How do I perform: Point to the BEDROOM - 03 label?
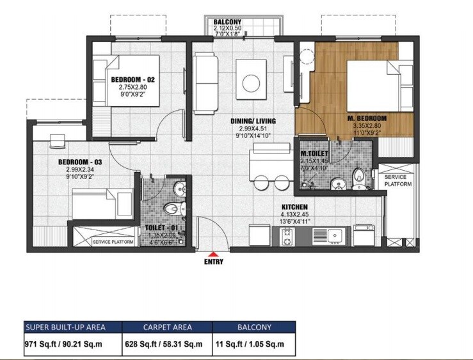80,162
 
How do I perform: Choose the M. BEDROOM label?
367,118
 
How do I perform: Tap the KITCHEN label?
296,207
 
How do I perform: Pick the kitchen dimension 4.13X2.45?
296,214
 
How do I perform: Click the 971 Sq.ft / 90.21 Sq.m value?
62,344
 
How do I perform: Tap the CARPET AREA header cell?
167,327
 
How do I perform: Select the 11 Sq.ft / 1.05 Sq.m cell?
255,344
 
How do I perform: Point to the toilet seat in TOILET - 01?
172,208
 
